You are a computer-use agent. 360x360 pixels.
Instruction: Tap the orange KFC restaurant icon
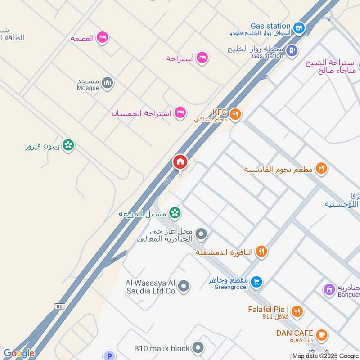235,115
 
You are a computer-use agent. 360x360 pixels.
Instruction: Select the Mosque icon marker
107,83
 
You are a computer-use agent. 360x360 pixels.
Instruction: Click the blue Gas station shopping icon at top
298,28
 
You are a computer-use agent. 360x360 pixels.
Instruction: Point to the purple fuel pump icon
292,50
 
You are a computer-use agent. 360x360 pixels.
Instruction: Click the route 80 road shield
59,306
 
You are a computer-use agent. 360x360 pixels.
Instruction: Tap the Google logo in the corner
19,353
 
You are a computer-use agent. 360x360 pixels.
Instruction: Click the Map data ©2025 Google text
325,355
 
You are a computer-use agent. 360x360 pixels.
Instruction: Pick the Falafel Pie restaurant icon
297,311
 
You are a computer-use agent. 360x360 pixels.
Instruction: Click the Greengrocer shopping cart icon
256,282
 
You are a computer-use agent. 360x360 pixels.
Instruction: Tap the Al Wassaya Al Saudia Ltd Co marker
183,285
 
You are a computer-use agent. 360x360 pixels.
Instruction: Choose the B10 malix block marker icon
197,347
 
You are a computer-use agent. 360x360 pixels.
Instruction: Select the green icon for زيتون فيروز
68,145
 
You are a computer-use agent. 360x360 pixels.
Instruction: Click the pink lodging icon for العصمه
103,38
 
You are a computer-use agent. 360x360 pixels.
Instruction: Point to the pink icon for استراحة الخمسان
180,112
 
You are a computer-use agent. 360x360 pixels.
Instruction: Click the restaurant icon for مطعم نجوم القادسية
321,169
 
